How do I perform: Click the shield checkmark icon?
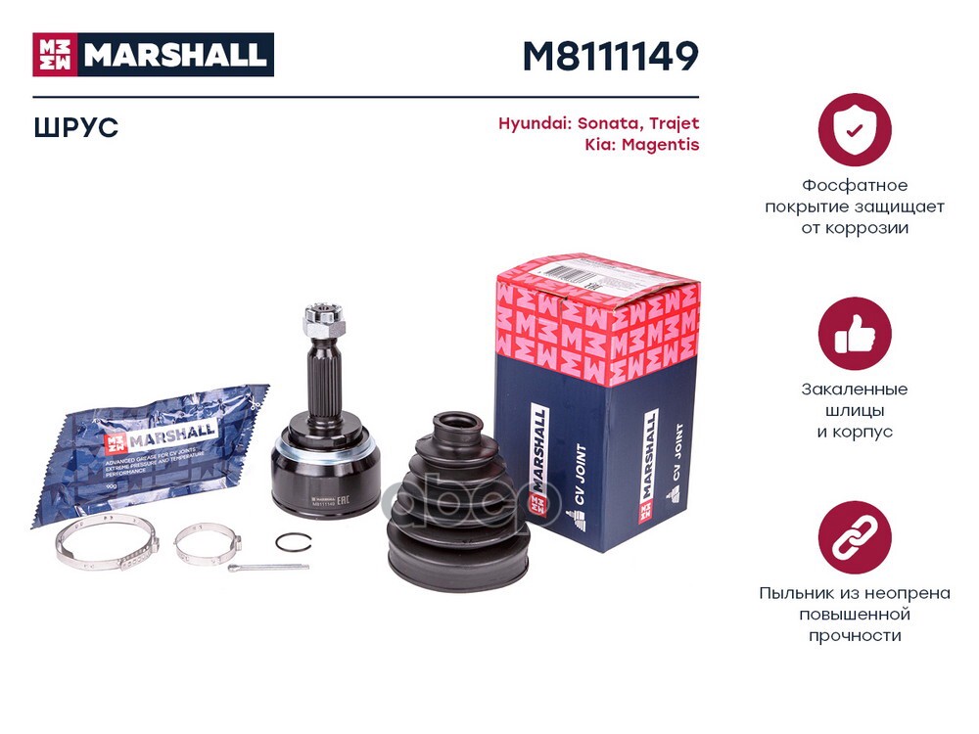tap(854, 130)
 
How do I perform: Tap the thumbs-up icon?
tap(854, 334)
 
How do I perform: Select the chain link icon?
tap(854, 537)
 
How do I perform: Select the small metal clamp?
tap(206, 543)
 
